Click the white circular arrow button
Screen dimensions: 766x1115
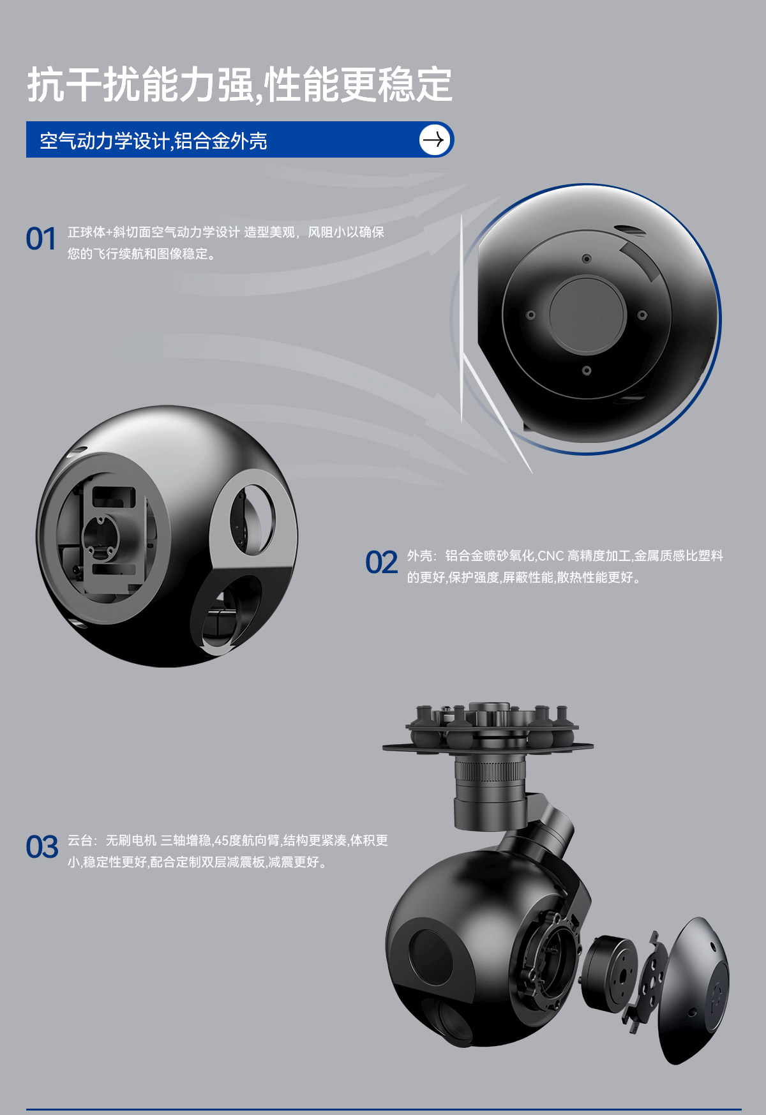point(435,140)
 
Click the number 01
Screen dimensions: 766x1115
point(41,239)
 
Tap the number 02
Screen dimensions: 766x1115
point(382,563)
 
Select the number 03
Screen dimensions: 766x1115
point(42,848)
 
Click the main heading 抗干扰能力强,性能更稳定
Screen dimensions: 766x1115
point(240,85)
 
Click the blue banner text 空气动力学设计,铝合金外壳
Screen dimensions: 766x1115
point(153,140)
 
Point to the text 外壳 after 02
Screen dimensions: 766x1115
point(419,556)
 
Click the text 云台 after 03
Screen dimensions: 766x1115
point(80,841)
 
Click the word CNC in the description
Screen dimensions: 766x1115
point(551,556)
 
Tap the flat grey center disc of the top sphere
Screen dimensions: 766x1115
point(587,315)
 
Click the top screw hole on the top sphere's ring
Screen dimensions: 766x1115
point(587,258)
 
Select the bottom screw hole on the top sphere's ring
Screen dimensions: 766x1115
point(587,371)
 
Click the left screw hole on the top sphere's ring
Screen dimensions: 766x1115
point(530,315)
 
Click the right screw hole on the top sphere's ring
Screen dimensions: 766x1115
point(642,315)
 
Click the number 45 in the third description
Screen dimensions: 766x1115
point(221,841)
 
